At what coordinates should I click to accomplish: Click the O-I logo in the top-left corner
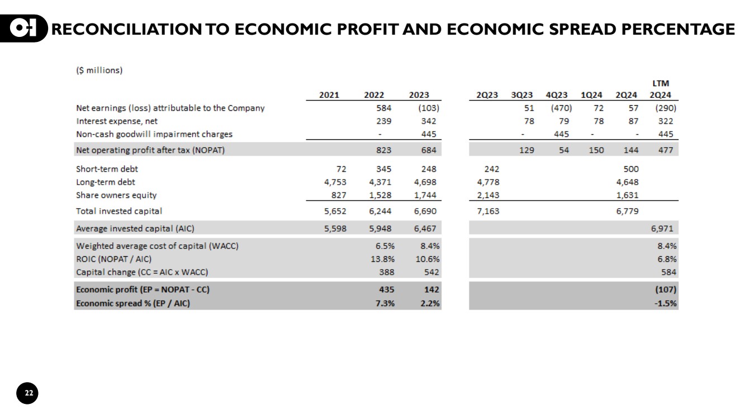[x=27, y=29]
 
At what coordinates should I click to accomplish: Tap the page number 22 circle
[x=29, y=394]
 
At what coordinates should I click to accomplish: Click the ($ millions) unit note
[x=99, y=70]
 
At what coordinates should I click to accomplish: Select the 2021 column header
[x=329, y=95]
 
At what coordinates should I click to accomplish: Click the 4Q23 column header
[x=559, y=95]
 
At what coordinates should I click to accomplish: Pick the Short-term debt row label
[x=107, y=168]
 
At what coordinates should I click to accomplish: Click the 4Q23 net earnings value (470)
[x=561, y=108]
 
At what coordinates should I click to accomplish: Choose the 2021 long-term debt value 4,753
[x=335, y=182]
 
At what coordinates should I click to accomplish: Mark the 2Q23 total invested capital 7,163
[x=488, y=211]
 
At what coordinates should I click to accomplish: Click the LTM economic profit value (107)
[x=666, y=290]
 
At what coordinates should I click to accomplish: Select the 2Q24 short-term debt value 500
[x=631, y=168]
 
